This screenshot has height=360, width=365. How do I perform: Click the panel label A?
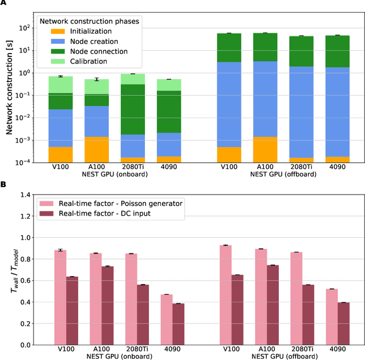(x=3, y=4)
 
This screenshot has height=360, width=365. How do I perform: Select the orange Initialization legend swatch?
(x=49, y=32)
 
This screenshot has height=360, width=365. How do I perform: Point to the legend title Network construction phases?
(x=88, y=22)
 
